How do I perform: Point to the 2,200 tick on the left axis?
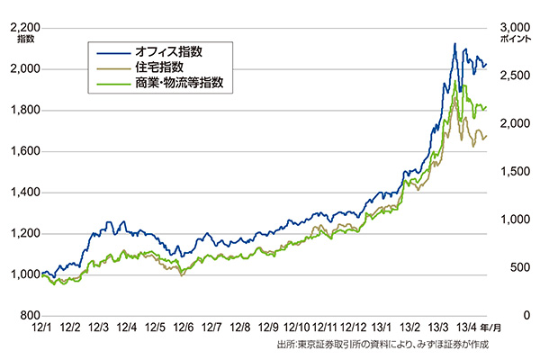(23, 27)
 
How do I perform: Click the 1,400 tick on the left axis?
(23, 193)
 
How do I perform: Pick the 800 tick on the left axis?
(29, 317)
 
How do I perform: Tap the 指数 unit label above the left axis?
(25, 39)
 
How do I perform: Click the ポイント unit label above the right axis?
(516, 39)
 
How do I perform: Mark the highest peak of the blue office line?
(454, 43)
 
